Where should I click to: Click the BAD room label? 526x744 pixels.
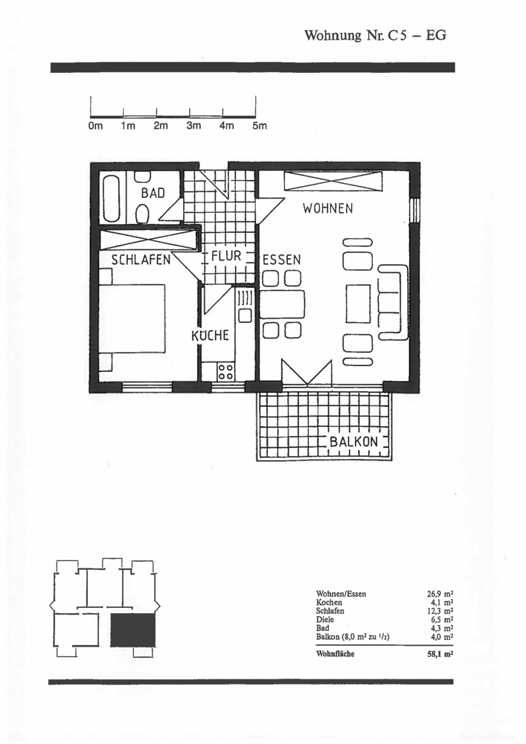click(153, 193)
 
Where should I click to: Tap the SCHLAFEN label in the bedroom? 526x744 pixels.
click(141, 260)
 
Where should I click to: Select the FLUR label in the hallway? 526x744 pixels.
click(226, 256)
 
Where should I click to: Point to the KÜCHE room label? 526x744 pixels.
click(210, 336)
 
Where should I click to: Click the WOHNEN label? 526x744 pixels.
click(328, 208)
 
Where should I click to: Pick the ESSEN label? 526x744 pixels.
click(282, 260)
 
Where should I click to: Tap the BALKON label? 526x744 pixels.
click(354, 442)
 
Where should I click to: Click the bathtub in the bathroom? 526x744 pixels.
click(112, 199)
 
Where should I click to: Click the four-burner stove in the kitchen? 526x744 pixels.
click(225, 372)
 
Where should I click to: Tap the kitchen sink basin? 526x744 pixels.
click(245, 315)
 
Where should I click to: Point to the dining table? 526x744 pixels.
click(282, 304)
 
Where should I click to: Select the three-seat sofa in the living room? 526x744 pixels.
click(393, 303)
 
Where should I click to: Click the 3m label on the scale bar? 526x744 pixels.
click(193, 126)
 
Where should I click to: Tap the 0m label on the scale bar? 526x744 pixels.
click(95, 126)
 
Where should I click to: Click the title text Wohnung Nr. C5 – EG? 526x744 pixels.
click(375, 36)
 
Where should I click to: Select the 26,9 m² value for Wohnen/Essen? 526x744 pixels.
click(440, 594)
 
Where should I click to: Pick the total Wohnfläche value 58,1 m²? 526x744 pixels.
click(440, 654)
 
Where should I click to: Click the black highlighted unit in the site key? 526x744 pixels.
click(133, 630)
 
